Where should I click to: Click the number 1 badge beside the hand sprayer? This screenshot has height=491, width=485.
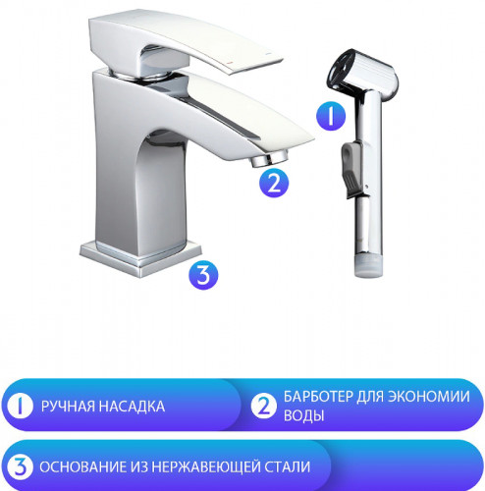(330, 117)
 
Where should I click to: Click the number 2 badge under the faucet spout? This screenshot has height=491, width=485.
(274, 182)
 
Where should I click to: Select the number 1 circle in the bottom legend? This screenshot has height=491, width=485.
(18, 406)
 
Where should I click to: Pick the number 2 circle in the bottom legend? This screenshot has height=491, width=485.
(264, 406)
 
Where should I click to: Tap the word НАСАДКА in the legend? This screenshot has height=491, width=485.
(132, 406)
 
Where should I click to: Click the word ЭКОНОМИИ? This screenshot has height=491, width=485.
(432, 396)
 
